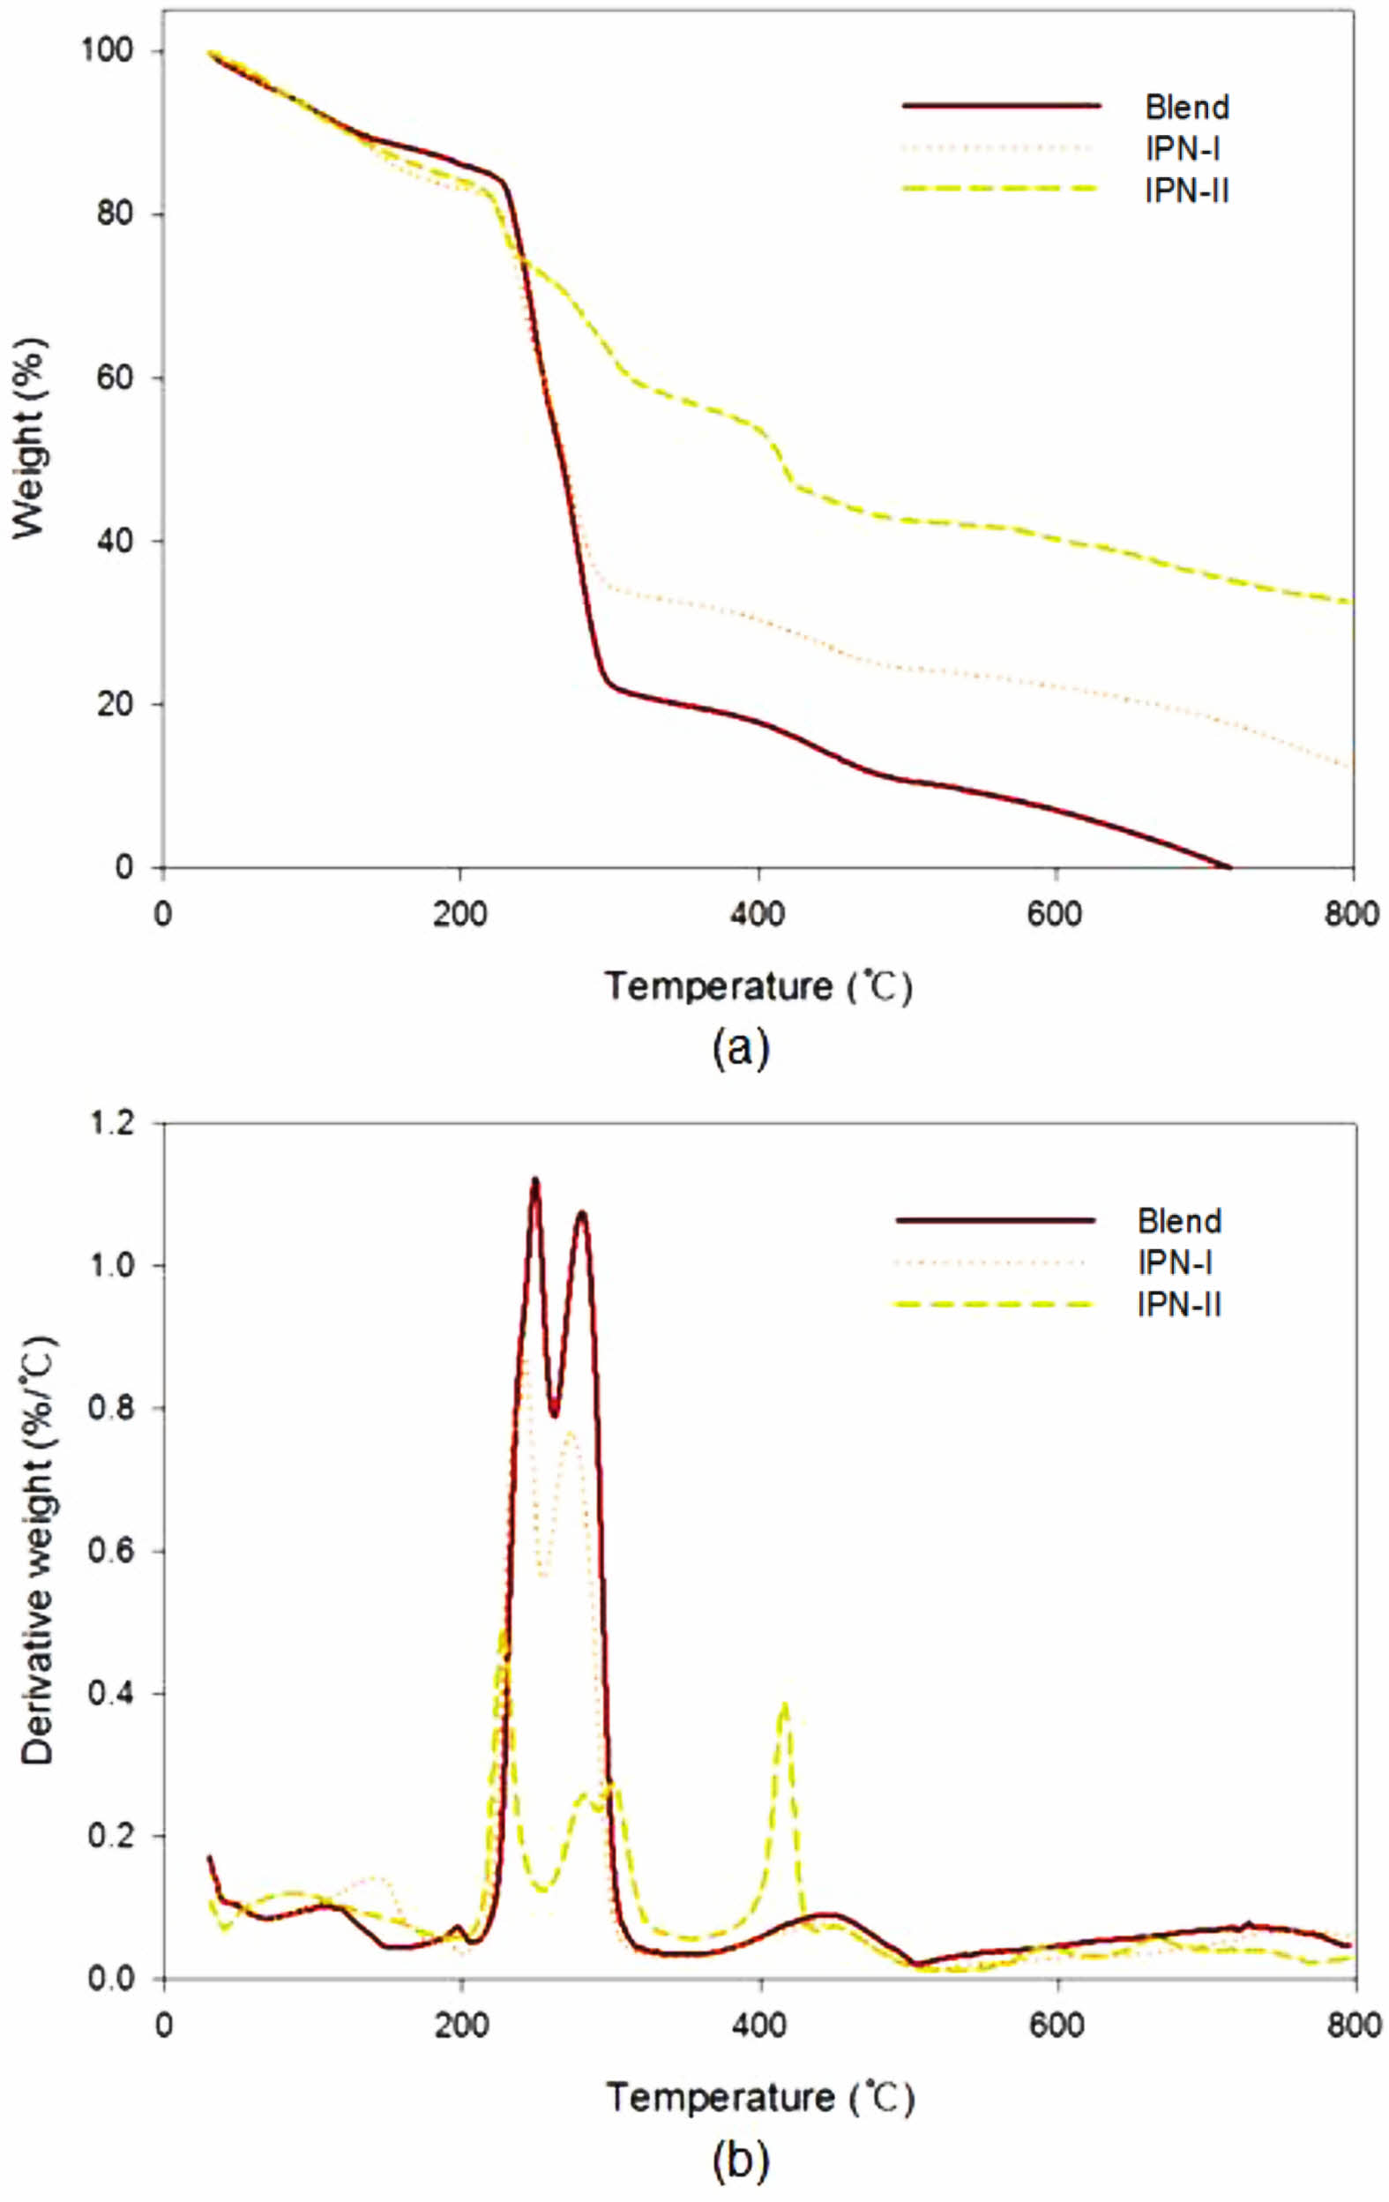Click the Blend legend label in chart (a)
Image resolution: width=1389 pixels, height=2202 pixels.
click(x=1186, y=108)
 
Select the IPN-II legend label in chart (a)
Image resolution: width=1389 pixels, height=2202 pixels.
click(x=1186, y=191)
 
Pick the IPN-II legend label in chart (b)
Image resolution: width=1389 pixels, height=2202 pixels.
click(x=1179, y=1304)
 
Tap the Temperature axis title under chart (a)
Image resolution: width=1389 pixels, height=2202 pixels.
click(x=758, y=986)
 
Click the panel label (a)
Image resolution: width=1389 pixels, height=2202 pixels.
click(x=741, y=1049)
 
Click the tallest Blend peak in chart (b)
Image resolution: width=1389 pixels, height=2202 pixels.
click(x=535, y=1180)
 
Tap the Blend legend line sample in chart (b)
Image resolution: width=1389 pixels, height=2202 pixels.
click(x=995, y=1220)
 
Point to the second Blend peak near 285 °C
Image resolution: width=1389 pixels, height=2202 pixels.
click(x=581, y=1213)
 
